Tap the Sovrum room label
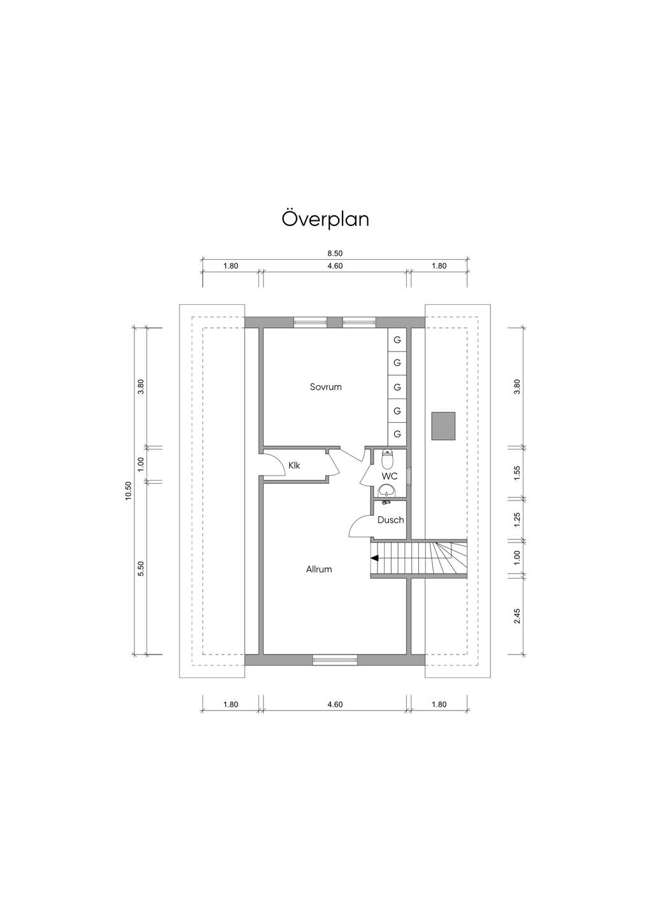coord(325,387)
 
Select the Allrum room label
coord(319,569)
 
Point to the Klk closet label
coord(294,465)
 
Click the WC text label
coord(389,476)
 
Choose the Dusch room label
coord(390,520)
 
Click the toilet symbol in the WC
coord(387,458)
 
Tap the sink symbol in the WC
coord(386,490)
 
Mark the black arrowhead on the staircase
coord(374,558)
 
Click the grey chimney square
coord(443,426)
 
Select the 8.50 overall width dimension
coord(335,253)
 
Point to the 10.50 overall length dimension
coord(129,491)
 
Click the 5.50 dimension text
coord(141,569)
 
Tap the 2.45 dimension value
coord(517,616)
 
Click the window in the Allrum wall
coord(335,660)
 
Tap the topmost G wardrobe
coord(397,340)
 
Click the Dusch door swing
coord(360,527)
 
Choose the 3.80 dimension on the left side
coord(141,387)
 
